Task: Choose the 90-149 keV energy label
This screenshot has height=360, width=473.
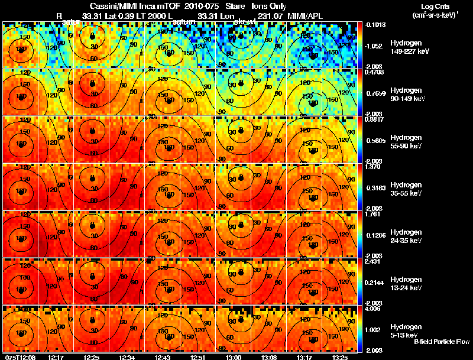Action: tap(408, 99)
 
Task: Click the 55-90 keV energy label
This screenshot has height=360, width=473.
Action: tap(407, 146)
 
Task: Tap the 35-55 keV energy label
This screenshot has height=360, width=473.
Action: tap(407, 193)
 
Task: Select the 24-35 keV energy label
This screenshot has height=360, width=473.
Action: tap(407, 241)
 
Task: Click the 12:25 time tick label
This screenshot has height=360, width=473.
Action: tap(92, 357)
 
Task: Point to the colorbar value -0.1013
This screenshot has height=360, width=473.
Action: tap(375, 25)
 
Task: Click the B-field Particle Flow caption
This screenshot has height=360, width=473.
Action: tap(441, 342)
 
